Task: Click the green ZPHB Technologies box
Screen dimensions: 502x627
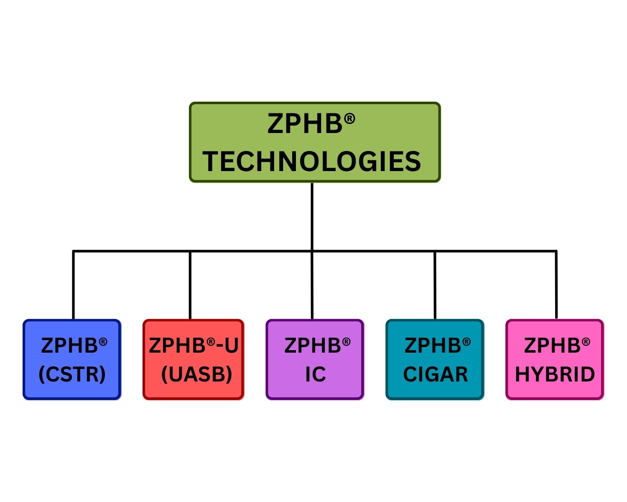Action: point(315,142)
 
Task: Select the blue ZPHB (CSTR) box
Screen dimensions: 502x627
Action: point(72,360)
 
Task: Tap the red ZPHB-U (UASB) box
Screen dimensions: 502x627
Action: point(193,360)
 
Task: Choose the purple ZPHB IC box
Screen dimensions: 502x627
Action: point(315,360)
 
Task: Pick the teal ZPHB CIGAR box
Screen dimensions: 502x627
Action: point(435,360)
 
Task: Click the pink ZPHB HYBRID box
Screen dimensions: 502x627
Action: point(555,360)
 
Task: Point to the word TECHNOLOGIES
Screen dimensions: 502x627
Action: point(312,162)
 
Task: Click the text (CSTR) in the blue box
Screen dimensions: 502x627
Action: point(72,374)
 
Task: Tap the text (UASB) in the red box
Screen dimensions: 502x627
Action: point(196,374)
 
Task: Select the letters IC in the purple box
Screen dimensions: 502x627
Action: point(315,374)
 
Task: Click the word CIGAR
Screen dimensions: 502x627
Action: point(435,374)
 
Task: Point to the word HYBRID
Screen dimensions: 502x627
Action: point(555,374)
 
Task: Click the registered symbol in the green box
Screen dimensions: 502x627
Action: point(349,119)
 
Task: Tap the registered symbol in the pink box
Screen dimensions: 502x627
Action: point(586,343)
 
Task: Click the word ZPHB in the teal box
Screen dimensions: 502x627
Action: point(432,346)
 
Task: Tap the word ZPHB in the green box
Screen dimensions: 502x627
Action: point(305,125)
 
